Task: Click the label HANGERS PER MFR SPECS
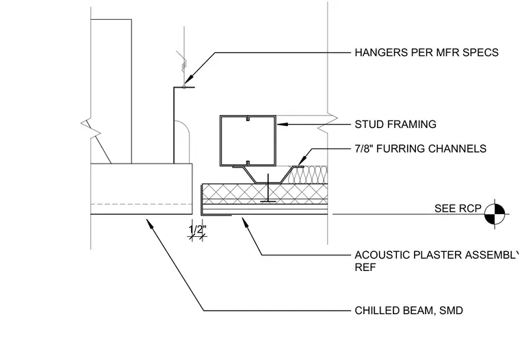click(426, 53)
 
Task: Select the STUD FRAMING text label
click(395, 124)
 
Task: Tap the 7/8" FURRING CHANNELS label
click(421, 149)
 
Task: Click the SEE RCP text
click(458, 208)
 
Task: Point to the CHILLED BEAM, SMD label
click(408, 311)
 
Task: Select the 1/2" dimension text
click(198, 229)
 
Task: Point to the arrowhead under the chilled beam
click(150, 223)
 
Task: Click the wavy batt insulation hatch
click(309, 175)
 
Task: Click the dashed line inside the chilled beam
click(142, 204)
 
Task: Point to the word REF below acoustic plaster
click(365, 267)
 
